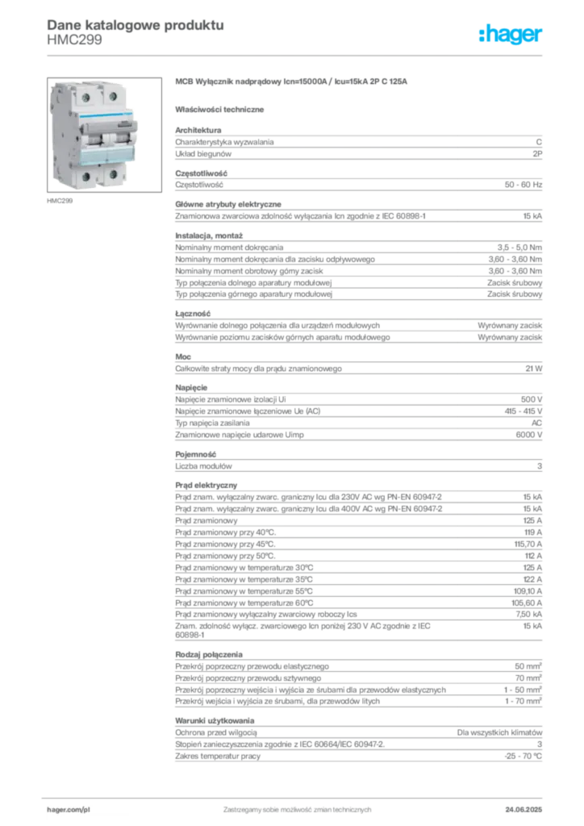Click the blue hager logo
pos(512,35)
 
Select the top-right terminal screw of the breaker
pos(114,96)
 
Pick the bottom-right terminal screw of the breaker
pos(114,174)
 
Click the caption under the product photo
pos(61,202)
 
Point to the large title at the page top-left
pos(133,24)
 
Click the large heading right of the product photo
pos(294,83)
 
